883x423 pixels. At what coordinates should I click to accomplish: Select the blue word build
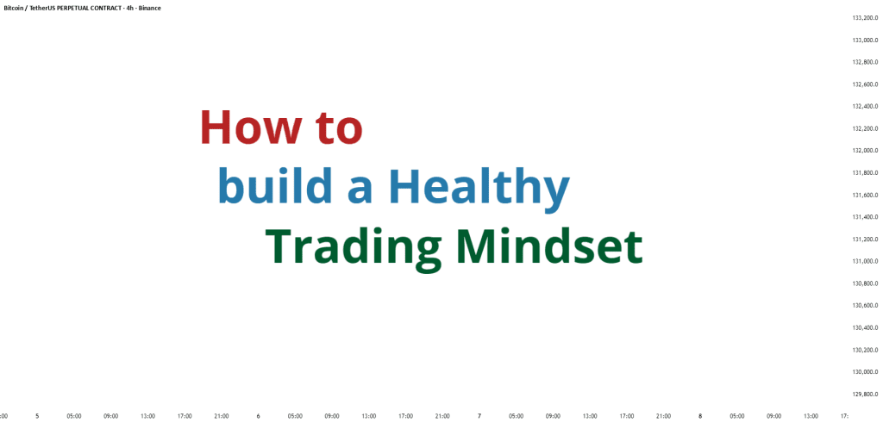coord(275,187)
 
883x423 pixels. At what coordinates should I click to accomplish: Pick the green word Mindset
coord(549,246)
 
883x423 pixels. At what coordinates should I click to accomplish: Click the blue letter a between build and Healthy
coord(360,191)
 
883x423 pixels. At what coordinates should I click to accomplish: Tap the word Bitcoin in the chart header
coord(14,9)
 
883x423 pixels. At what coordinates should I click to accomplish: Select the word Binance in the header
coord(150,9)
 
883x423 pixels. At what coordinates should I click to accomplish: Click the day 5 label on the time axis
coord(37,417)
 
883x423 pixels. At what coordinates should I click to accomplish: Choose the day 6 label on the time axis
coord(258,417)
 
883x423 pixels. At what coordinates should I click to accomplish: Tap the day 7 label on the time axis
coord(479,417)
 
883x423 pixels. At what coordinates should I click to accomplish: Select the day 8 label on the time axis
coord(700,417)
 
